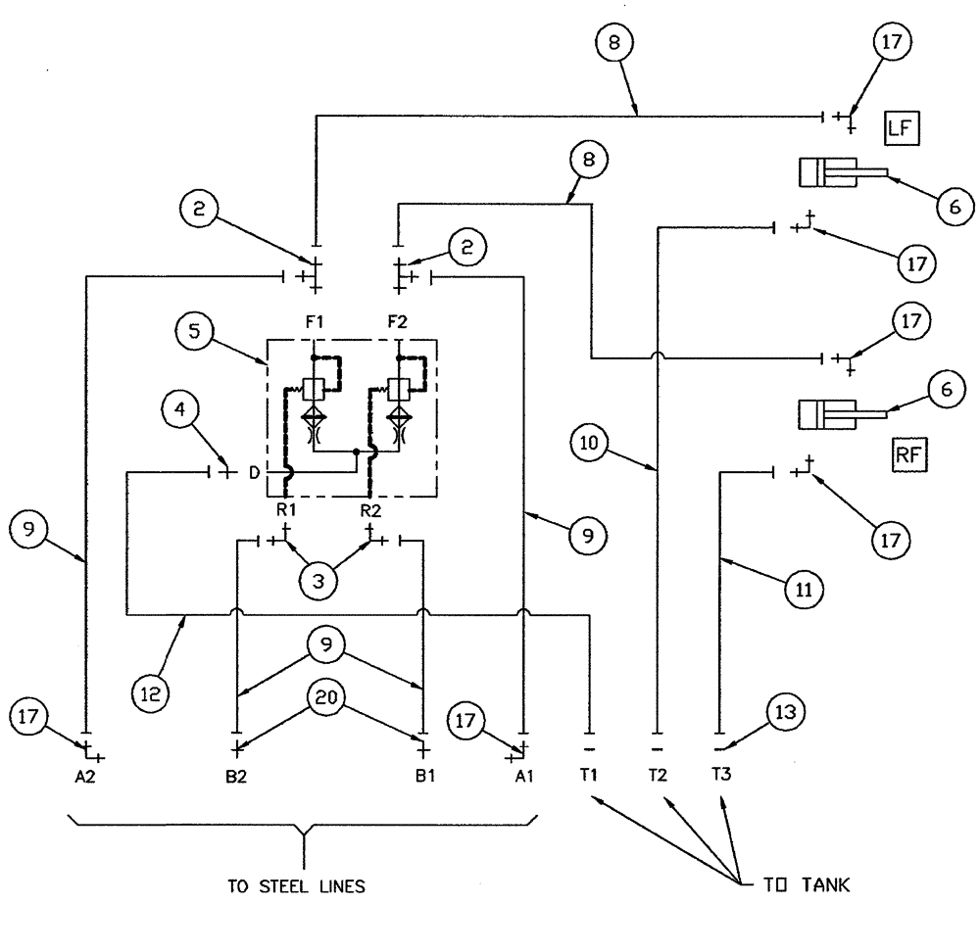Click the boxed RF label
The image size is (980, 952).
[908, 454]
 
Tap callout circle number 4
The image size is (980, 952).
[179, 413]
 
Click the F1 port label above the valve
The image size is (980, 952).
[314, 319]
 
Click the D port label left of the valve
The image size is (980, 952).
[255, 474]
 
